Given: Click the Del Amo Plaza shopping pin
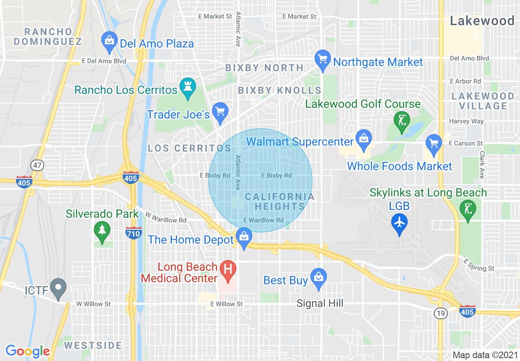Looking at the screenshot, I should point(109,41).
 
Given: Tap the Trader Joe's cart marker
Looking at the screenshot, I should point(221,112).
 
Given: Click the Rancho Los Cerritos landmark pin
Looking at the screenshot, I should point(188,88).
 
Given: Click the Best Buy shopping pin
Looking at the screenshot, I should point(318,278).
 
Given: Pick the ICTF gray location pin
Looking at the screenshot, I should point(58,289).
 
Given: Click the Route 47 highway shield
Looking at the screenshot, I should point(37,166).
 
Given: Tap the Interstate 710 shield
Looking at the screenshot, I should point(134,233).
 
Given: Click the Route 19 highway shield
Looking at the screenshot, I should point(440,313).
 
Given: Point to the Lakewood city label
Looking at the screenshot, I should point(482,21).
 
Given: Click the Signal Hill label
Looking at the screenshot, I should point(320,304).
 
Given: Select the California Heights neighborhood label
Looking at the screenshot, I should point(280,201).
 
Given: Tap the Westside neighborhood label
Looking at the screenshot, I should point(93,345).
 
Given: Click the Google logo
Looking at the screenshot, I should point(27,351).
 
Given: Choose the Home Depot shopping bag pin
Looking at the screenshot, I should point(244,237).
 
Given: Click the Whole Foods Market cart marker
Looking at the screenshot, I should point(434,144).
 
